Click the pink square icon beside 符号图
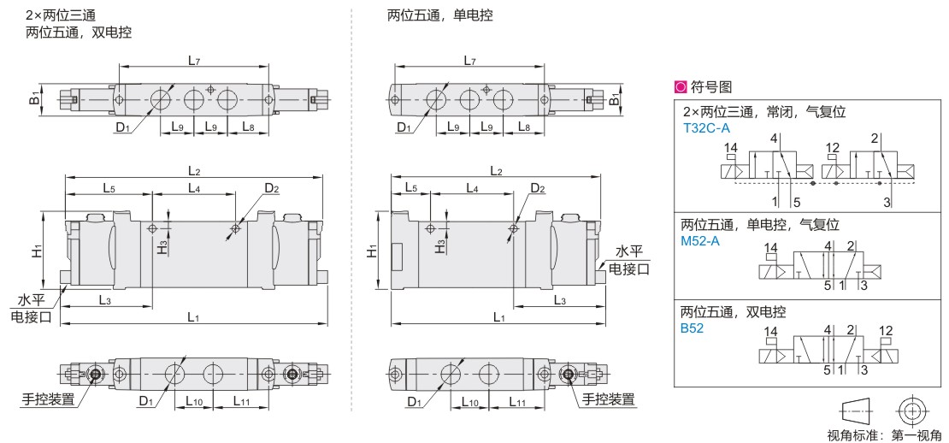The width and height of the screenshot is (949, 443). coord(681,87)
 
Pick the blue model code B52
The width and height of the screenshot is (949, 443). coord(693,330)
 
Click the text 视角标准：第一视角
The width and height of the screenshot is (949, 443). coord(884,435)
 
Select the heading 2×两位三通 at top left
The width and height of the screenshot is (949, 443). coord(61,15)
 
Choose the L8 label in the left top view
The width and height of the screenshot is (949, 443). coord(249,127)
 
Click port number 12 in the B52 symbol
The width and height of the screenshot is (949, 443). coord(886,331)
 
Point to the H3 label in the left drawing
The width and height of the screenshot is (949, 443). coord(162,248)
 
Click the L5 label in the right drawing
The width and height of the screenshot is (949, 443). coord(411,187)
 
